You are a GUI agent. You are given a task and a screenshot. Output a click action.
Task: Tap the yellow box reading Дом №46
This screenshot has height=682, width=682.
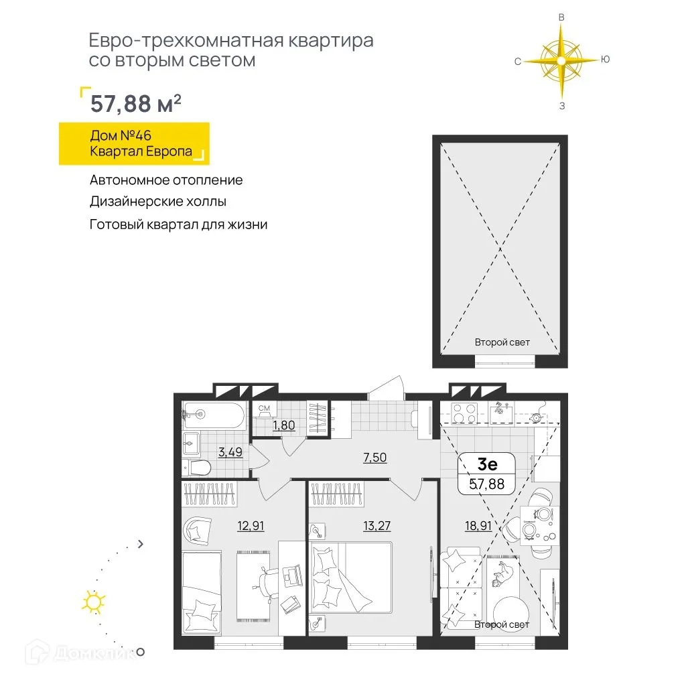tap(134, 143)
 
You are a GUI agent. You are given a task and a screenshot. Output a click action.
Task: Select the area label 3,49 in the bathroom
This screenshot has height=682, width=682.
tap(230, 452)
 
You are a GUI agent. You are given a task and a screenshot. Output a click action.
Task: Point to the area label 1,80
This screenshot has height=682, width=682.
tap(283, 424)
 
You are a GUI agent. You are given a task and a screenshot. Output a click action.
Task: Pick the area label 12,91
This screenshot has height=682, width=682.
tap(251, 525)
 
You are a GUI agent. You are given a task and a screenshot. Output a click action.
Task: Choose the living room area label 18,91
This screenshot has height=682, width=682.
tap(478, 526)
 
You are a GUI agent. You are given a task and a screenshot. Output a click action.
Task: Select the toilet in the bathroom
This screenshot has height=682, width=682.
tap(198, 466)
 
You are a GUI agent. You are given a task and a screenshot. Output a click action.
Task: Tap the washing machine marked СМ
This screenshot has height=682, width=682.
tap(264, 408)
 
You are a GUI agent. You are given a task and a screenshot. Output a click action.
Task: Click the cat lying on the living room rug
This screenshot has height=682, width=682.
tap(504, 573)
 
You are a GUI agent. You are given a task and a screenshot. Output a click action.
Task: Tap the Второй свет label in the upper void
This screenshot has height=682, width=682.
tap(502, 342)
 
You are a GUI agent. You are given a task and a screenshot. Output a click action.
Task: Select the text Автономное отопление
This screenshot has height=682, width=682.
tap(166, 180)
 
